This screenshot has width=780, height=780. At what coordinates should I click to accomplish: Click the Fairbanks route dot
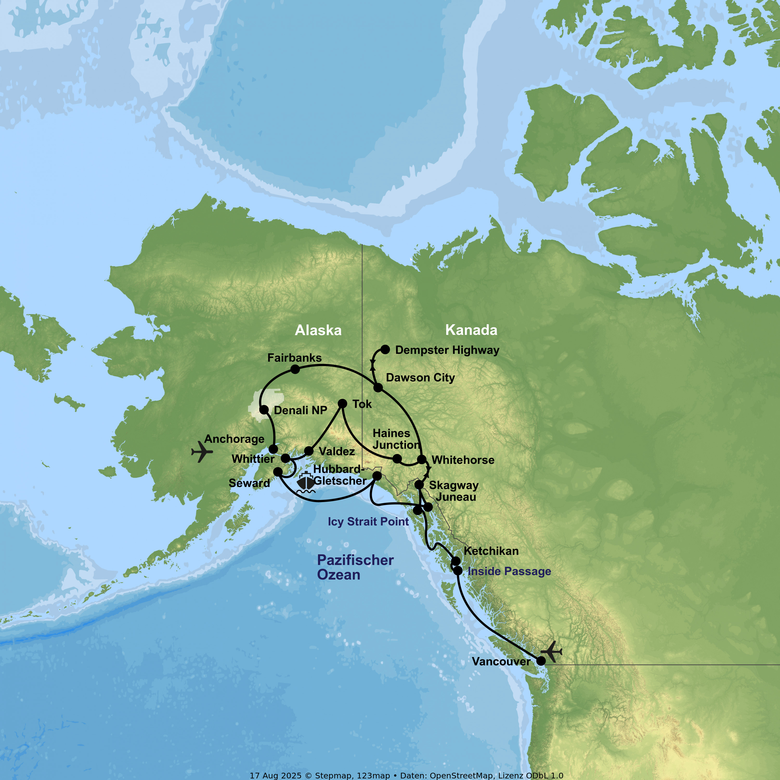295,369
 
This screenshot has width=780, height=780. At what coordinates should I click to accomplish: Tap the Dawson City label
420,378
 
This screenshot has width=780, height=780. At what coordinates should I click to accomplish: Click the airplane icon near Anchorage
202,451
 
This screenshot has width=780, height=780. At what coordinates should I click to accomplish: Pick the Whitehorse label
463,460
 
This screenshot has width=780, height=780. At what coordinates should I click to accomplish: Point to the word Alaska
318,330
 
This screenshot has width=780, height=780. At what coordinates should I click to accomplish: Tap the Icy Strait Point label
368,522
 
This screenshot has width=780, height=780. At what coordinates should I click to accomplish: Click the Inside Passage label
509,571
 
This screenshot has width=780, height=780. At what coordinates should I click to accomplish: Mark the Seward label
249,483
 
